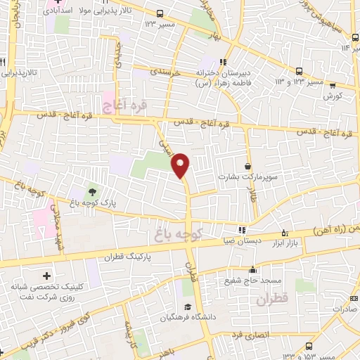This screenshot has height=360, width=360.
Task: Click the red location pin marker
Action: (181, 165)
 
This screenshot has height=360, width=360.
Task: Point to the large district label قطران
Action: (272, 300)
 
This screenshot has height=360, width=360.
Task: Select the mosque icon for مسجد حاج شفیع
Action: (252, 269)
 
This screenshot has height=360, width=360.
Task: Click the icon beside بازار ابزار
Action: (284, 232)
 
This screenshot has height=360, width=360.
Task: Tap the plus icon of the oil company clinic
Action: (46, 276)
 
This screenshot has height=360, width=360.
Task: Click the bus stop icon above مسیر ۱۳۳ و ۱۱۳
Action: (300, 71)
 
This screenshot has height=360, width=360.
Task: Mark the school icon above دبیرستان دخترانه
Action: (226, 61)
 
